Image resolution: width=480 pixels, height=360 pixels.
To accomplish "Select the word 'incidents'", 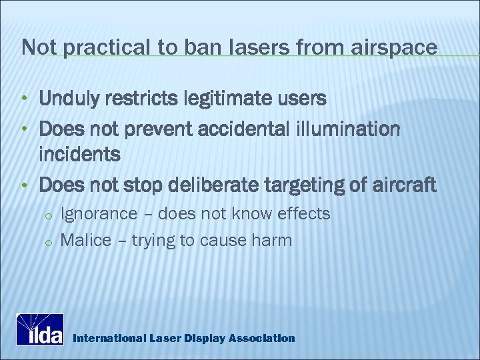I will tap(80, 155).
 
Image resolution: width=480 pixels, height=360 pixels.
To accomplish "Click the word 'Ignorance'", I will tap(99, 214).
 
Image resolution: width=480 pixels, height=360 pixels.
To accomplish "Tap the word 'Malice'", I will tap(85, 240).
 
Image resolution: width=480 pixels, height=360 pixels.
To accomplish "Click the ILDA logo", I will tap(40, 329).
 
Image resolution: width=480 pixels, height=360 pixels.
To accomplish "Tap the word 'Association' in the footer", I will tap(261, 338).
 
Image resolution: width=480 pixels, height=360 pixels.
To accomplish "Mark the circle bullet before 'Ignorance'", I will tap(48, 215).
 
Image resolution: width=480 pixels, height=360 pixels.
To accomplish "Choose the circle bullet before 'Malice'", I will tap(48, 241).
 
